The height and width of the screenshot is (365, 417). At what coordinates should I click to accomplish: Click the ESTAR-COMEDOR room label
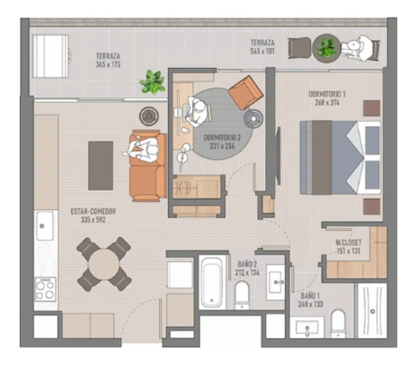point(93,212)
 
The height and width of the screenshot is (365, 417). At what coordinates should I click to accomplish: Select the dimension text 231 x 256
point(222,146)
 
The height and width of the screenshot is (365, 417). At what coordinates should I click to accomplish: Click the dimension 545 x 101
point(262,51)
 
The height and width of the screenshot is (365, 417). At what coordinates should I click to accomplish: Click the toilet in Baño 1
point(338,324)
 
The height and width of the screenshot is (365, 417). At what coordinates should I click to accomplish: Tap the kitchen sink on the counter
point(45,226)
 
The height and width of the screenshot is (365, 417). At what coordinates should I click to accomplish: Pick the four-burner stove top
point(45,289)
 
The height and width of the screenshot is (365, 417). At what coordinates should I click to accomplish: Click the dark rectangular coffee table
point(101,165)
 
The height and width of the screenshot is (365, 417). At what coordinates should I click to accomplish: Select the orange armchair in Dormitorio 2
point(246,93)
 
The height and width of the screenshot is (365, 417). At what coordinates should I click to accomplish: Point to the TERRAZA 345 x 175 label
point(108,60)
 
